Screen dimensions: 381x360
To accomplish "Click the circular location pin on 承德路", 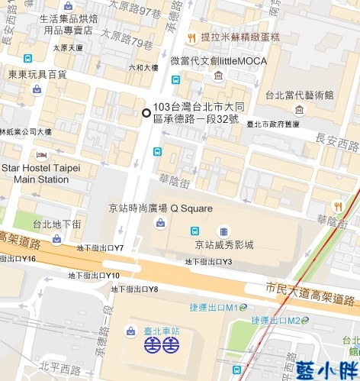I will [146, 113].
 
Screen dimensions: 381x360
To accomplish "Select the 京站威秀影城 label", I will [223, 244].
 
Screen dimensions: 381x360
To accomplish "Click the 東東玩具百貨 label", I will [37, 74].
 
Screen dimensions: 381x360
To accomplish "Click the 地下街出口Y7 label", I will [100, 248].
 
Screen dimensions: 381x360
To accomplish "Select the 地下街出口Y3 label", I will [208, 262].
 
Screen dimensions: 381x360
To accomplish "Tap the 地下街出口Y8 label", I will [134, 289].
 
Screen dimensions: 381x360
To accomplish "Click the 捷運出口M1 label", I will [219, 307].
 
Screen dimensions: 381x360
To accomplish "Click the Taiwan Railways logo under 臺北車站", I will [162, 345].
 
